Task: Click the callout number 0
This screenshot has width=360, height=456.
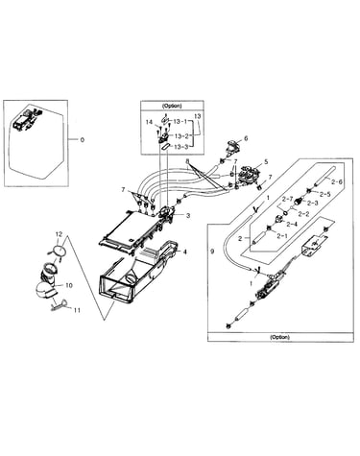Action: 83,140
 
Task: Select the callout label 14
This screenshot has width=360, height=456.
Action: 150,122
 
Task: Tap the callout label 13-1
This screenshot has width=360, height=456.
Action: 180,122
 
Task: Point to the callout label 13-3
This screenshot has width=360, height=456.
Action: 180,147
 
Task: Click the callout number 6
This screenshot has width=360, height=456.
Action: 246,138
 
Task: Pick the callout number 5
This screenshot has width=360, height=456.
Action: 266,162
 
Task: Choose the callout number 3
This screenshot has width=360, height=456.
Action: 188,216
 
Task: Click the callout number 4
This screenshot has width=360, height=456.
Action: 184,252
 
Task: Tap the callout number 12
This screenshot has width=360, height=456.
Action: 59,234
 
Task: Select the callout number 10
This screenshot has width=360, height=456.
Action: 69,285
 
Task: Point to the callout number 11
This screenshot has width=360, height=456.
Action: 77,310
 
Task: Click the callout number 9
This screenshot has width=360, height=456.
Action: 212,252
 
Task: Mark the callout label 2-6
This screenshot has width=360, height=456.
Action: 337,181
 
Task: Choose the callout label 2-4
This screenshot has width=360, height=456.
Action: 292,225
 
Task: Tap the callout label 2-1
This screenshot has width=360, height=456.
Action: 282,236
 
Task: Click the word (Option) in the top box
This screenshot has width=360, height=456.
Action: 172,106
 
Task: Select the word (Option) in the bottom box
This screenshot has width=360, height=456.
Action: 280,337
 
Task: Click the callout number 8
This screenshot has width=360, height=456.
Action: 187,161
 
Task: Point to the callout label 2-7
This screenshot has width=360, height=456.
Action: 287,199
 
